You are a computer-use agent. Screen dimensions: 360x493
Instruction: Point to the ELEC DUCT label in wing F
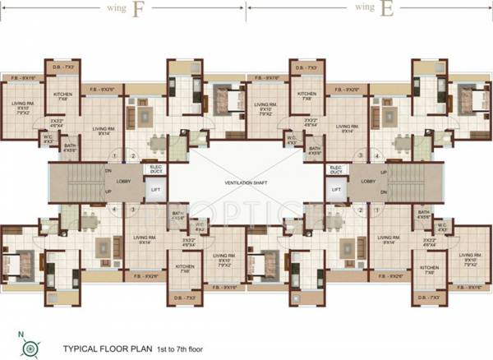(x=155, y=170)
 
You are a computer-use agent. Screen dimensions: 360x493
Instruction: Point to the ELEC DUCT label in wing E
(x=336, y=170)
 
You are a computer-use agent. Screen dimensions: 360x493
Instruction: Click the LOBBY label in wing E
(x=368, y=180)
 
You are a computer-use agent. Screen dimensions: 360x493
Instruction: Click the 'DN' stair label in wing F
(x=108, y=171)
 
